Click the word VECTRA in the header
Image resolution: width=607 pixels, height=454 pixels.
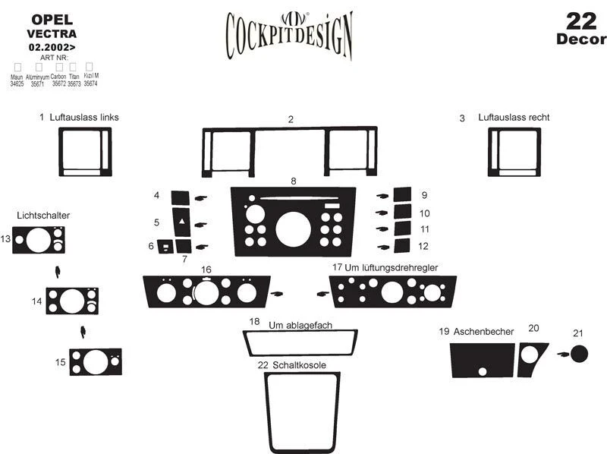coord(52,33)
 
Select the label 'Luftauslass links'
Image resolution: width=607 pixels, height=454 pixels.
coord(84,118)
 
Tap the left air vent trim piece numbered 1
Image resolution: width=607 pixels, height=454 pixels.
coord(85,152)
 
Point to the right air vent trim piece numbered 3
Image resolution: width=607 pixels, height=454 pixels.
coord(514,152)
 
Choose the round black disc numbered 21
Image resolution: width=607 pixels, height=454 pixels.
coord(580,355)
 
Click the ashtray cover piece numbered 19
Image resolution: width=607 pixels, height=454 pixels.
coord(482,360)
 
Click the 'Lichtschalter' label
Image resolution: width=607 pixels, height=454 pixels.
coord(42,216)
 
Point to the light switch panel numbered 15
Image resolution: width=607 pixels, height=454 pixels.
coord(95,361)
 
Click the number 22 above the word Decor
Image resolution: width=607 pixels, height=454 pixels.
coord(580,19)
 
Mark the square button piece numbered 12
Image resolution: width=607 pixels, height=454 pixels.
coord(402,245)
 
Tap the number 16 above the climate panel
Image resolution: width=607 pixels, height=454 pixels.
coord(206,270)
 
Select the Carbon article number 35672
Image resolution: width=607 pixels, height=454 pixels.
coord(58,84)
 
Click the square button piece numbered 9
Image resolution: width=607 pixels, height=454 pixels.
coord(402,195)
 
